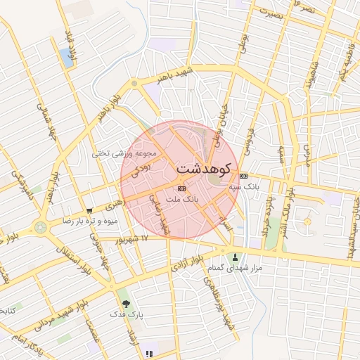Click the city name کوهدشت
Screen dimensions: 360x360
(203, 169)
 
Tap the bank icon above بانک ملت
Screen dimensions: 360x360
(182, 188)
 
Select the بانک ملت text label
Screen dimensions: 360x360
(182, 200)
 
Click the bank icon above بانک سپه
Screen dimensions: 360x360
(243, 175)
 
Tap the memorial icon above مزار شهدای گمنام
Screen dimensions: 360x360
(235, 257)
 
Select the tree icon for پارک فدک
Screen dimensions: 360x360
(126, 304)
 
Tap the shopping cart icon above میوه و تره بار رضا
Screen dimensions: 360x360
(89, 210)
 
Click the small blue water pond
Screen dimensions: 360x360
(67, 58)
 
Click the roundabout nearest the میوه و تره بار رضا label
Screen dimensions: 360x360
(41, 227)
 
